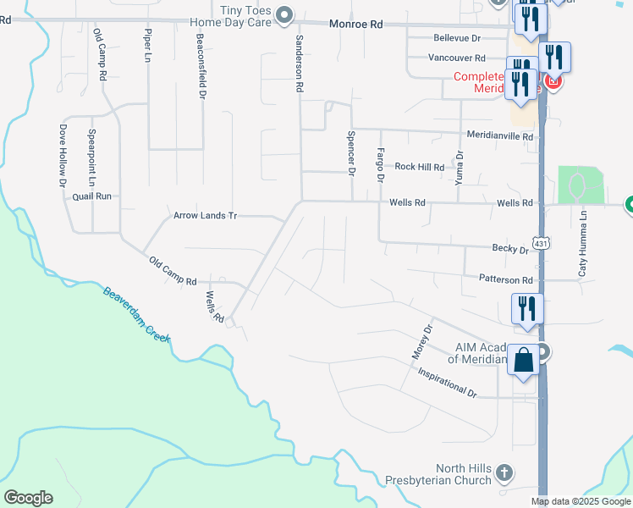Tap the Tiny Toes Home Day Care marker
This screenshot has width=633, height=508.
(x=284, y=14)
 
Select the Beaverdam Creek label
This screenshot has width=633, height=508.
(x=137, y=315)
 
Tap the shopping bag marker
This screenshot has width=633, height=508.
(x=524, y=361)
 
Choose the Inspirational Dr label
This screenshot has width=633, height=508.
(x=447, y=383)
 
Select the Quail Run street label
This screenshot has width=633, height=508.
(x=91, y=196)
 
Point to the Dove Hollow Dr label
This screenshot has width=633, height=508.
(x=62, y=155)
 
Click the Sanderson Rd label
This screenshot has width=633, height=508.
(x=299, y=63)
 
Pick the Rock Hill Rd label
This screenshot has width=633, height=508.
(x=419, y=167)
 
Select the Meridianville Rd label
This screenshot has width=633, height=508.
(x=500, y=135)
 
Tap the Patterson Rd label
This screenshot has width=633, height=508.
(x=505, y=279)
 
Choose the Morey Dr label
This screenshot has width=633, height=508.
(x=422, y=340)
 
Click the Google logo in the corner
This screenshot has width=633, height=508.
(x=28, y=498)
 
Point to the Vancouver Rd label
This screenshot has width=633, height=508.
(x=456, y=58)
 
